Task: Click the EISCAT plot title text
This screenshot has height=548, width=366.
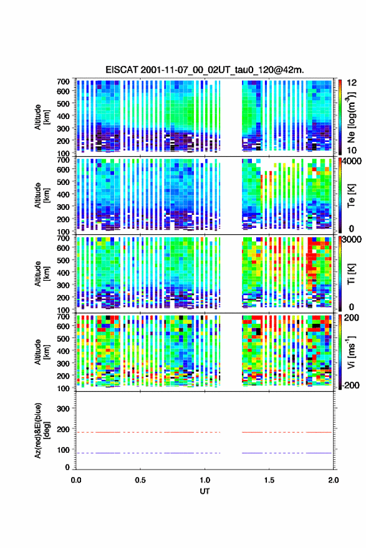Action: pos(205,70)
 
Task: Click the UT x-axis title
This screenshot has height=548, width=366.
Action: pos(205,491)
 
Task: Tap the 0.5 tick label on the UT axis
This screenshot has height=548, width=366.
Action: pos(140,479)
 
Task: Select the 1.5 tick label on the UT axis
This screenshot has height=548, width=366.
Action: pos(269,479)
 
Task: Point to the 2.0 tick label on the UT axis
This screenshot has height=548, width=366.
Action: pos(333,479)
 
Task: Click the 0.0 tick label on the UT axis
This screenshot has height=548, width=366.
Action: pos(76,479)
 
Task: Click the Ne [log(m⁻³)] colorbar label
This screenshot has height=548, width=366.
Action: pos(351,117)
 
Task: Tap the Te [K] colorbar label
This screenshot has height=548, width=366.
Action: pos(351,195)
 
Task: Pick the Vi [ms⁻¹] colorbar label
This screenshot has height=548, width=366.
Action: pos(351,352)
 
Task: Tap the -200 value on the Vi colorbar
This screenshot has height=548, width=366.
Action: pos(350,385)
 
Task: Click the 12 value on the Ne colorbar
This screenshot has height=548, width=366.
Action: pos(352,82)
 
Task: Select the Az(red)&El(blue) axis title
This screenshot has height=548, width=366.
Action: pos(41,430)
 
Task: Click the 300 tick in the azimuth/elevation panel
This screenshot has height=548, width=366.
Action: pos(63,409)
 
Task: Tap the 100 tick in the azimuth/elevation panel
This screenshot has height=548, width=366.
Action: pos(63,450)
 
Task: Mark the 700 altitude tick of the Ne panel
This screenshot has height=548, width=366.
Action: pos(63,82)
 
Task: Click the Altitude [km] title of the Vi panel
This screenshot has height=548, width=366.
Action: pos(41,352)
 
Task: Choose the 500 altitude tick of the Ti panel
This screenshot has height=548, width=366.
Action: pos(63,260)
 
